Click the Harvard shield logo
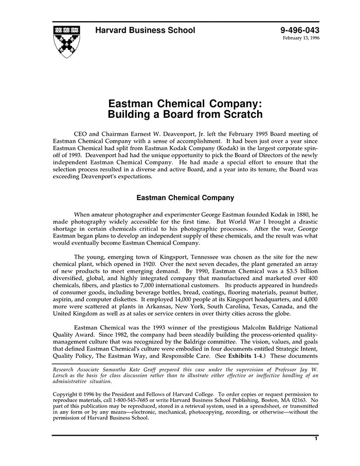point(66,41)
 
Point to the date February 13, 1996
point(301,39)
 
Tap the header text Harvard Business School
point(145,30)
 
